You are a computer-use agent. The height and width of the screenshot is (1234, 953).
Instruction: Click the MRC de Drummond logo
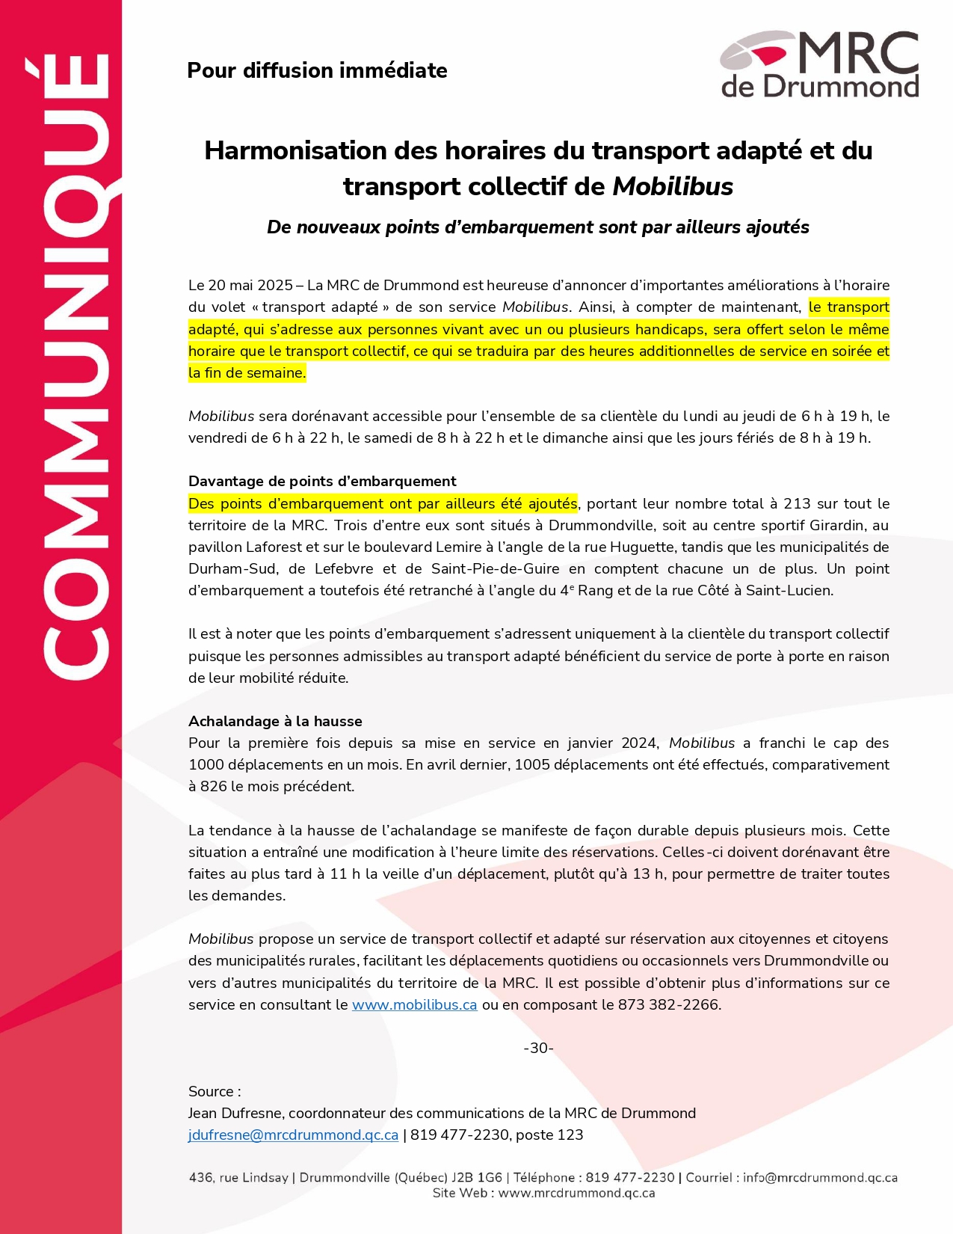[x=819, y=65]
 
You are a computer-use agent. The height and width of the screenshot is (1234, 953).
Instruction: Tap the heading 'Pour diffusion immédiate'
[x=317, y=70]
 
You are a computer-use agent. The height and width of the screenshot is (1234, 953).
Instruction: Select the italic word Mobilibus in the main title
[x=673, y=186]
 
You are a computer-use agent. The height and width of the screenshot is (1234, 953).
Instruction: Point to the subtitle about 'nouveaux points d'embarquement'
[x=537, y=227]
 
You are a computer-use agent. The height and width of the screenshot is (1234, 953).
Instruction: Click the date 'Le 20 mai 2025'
[x=240, y=286]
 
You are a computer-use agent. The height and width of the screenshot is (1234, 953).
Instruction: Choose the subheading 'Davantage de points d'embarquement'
[x=322, y=481]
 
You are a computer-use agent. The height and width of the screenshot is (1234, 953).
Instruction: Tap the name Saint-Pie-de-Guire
[x=495, y=568]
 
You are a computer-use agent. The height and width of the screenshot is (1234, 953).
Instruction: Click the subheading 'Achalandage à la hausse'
[x=275, y=721]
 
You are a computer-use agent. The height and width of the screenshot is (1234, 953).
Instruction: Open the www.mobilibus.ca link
[x=414, y=1004]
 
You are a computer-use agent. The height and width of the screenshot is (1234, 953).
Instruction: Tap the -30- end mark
[x=538, y=1048]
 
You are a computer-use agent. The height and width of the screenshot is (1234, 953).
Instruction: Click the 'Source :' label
[x=215, y=1091]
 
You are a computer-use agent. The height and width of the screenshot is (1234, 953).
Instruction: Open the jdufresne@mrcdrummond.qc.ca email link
[x=293, y=1135]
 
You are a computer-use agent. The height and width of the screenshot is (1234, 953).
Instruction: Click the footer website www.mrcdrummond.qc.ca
[x=576, y=1193]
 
